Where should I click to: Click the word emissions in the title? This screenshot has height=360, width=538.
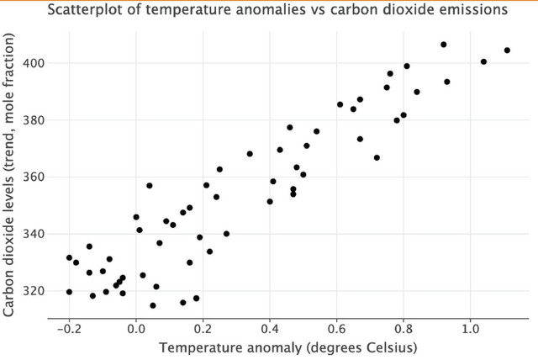tap(472, 10)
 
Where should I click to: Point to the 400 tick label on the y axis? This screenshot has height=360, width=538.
tap(34, 63)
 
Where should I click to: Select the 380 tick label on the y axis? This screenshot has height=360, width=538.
tap(34, 120)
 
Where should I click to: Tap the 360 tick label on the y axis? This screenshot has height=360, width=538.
tap(34, 177)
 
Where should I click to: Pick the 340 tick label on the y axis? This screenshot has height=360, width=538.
tap(34, 234)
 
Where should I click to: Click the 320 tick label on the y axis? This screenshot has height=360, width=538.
tap(34, 291)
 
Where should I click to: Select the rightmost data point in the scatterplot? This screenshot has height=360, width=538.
tap(507, 50)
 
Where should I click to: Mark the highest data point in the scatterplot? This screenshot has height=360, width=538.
tap(444, 45)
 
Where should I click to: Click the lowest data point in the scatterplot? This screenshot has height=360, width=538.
tap(153, 305)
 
